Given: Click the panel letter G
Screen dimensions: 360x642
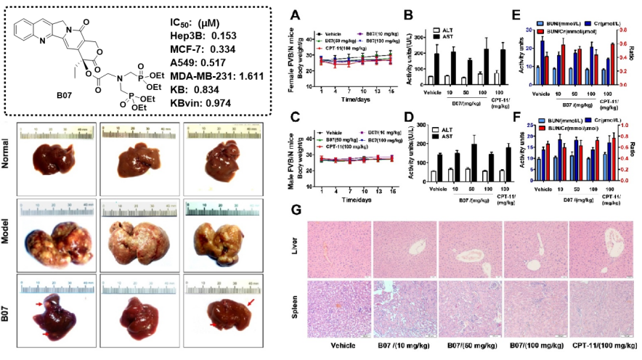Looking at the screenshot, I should pos(296,210).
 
